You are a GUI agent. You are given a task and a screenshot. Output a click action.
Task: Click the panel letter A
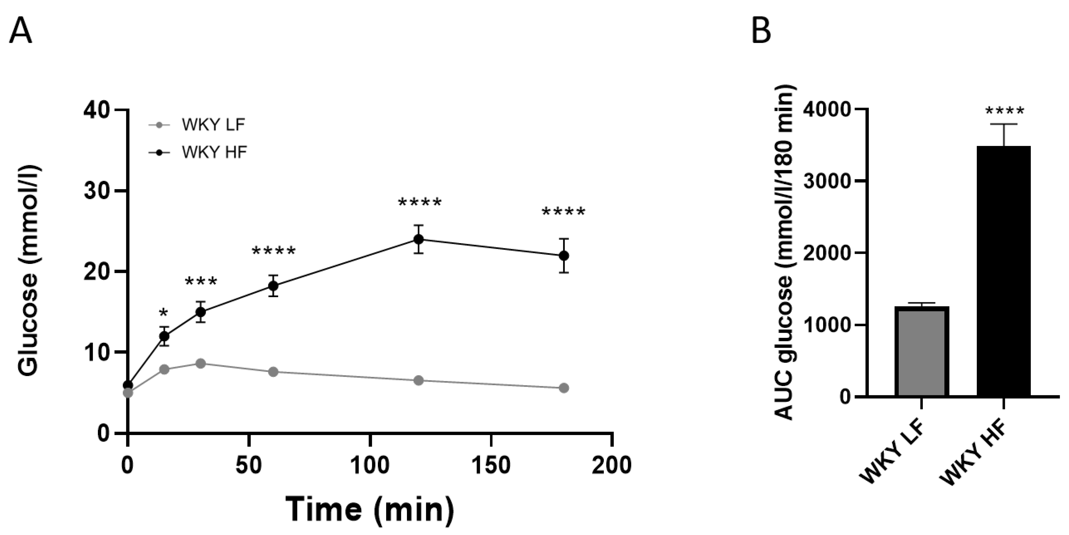point(21,32)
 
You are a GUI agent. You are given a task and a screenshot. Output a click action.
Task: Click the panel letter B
point(761,32)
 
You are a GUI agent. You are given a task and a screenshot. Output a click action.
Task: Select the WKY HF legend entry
point(214,152)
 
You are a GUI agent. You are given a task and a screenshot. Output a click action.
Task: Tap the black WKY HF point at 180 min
point(564,256)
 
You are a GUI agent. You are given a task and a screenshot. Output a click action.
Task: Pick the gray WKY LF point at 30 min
point(201,364)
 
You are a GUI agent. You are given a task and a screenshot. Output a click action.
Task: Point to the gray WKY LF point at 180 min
point(564,388)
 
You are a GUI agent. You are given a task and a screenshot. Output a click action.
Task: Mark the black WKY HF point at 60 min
point(273,286)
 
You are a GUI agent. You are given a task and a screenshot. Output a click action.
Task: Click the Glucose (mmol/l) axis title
point(29,270)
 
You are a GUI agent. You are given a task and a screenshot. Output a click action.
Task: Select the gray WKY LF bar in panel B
point(922,351)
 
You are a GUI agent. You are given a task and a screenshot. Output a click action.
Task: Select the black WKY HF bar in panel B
point(1003,271)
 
